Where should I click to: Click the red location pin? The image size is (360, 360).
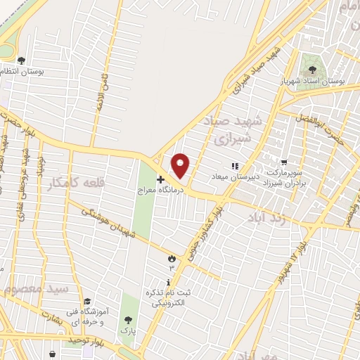click(x=181, y=166)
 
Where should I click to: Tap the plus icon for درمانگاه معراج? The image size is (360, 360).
click(x=160, y=180)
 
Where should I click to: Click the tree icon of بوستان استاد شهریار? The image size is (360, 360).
click(x=311, y=69)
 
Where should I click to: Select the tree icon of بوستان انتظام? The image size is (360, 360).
click(x=21, y=60)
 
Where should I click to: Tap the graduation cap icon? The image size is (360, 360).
click(x=86, y=302)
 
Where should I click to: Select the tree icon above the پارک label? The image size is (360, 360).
click(x=127, y=318)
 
